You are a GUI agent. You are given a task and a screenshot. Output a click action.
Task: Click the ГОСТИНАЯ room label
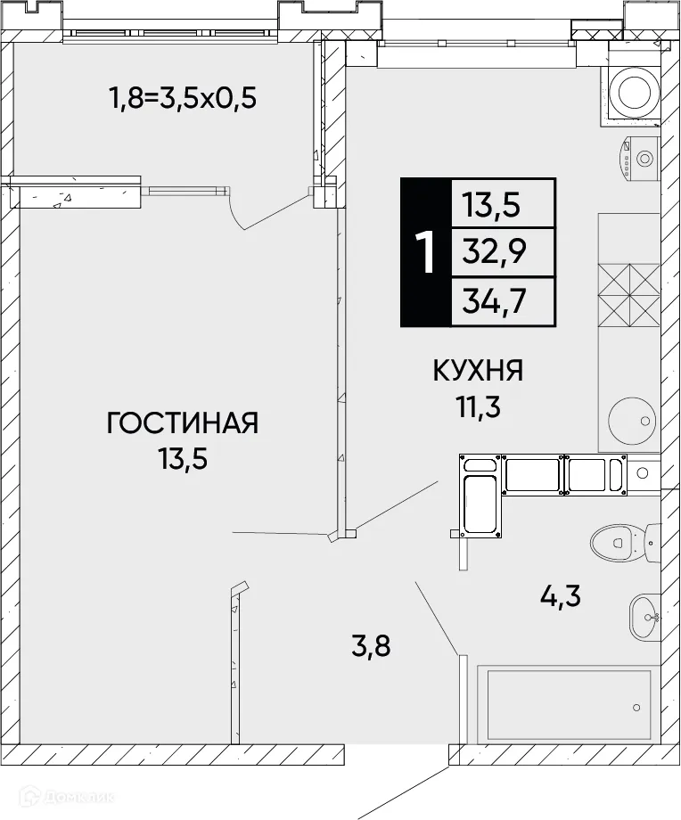point(182,422)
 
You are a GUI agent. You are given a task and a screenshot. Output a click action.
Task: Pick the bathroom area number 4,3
point(562,594)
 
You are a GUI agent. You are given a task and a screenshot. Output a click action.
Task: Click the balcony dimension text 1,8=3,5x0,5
point(182,96)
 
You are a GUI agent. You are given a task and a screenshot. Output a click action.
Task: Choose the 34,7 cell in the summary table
point(494,302)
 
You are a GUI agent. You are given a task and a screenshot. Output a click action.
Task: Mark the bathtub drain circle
point(636,709)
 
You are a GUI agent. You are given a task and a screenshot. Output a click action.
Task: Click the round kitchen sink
point(628,420)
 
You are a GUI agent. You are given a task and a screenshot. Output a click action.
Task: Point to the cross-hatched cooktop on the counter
point(628,296)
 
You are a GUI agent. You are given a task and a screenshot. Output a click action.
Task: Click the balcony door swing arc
point(239,212)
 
